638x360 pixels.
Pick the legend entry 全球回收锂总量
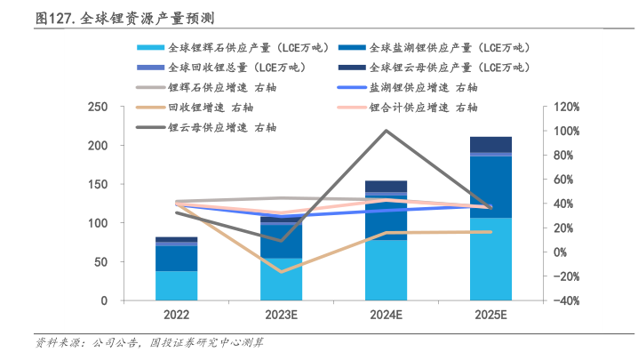(x=222, y=67)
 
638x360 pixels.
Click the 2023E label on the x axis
(x=281, y=315)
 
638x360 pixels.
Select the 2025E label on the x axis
(x=490, y=315)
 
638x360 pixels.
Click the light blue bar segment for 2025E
(x=490, y=259)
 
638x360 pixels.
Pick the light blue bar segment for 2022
(x=176, y=285)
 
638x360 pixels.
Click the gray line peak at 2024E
(x=386, y=131)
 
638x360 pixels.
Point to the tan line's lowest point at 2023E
(x=281, y=271)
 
